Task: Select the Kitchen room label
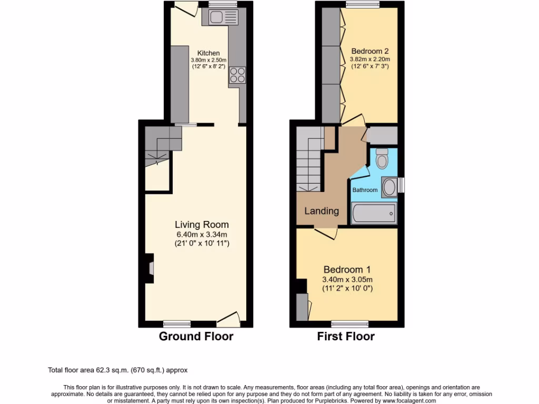(208, 53)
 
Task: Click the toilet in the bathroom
(382, 158)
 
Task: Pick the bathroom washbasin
(389, 187)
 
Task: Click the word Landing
(322, 211)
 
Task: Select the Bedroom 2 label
(370, 51)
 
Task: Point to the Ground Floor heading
(196, 337)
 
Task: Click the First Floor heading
(346, 337)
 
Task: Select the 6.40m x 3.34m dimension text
(202, 235)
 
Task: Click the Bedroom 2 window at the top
(363, 5)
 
